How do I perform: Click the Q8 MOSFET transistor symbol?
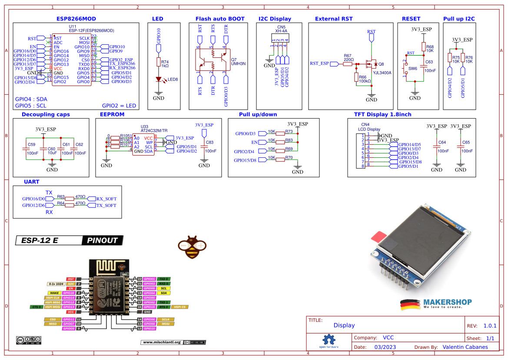pos(371,63)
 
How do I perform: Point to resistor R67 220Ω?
pos(347,64)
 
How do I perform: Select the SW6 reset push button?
pos(407,68)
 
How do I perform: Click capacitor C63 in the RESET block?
pos(424,66)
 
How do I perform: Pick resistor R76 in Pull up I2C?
pos(463,58)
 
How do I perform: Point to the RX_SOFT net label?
pos(106,199)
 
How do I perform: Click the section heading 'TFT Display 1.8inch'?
pos(383,114)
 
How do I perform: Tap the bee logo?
pos(190,247)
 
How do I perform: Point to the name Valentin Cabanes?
pos(465,347)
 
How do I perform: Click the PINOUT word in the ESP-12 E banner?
pos(102,240)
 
